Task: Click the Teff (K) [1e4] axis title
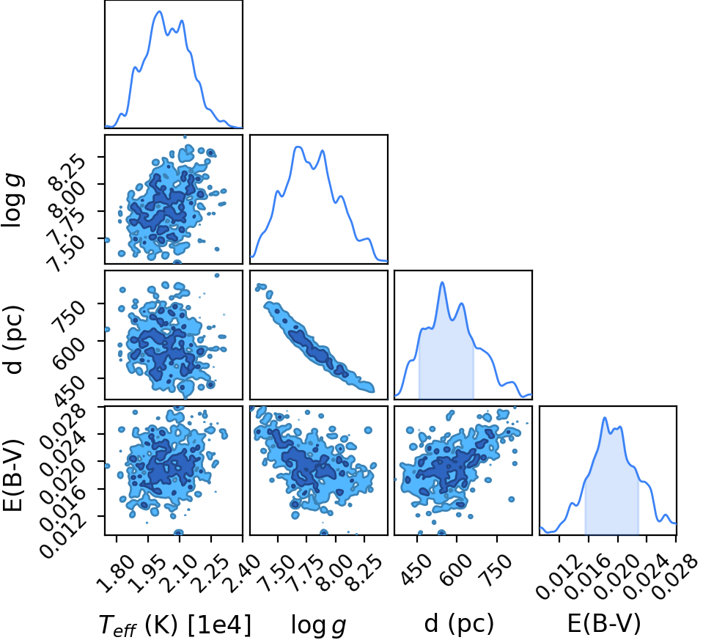pos(174,625)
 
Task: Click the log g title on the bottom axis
pos(318,625)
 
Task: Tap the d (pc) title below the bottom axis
pos(459,623)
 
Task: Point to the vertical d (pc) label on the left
pos(13,339)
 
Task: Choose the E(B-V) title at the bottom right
pos(604,623)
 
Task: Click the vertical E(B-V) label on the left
pos(13,474)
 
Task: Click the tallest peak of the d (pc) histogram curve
pos(443,282)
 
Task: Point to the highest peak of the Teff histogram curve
pos(159,12)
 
